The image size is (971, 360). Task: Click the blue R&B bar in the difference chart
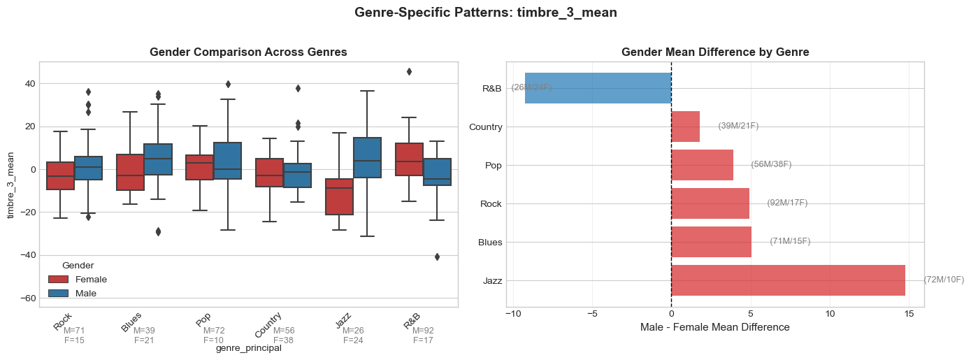598,88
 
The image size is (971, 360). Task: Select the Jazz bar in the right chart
788,280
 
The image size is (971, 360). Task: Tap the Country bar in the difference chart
685,127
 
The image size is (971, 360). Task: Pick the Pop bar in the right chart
702,165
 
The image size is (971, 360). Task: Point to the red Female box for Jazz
339,196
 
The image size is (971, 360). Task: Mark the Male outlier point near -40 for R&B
437,257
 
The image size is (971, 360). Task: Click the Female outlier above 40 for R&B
409,71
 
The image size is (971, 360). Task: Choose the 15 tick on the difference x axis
909,314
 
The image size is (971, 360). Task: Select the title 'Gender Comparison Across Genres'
248,52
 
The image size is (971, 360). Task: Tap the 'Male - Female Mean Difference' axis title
714,327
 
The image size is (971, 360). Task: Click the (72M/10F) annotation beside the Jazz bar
943,280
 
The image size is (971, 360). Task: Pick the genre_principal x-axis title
248,348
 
